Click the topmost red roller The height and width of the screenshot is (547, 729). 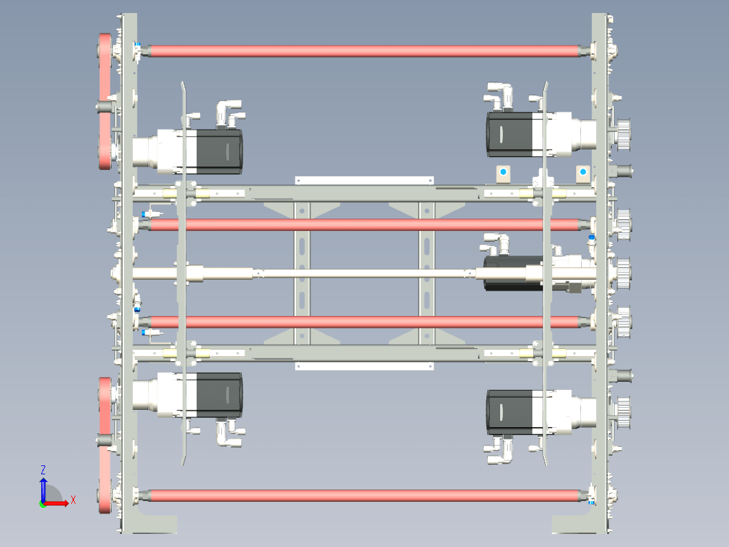tap(364, 51)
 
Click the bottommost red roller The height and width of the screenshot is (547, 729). tap(364, 496)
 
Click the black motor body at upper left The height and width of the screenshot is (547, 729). tap(219, 151)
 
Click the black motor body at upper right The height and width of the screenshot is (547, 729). tap(510, 134)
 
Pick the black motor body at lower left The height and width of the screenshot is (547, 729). tap(219, 395)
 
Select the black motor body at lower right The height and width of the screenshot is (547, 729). tap(510, 413)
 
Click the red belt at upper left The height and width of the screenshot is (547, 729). tap(105, 101)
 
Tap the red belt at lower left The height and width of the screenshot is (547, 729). tap(105, 445)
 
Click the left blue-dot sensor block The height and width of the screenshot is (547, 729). tap(503, 174)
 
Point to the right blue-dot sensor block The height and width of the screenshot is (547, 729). tap(583, 174)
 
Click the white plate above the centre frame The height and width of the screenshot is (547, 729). tap(364, 180)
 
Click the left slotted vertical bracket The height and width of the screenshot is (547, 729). tap(301, 273)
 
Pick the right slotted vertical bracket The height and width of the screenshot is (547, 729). tap(427, 273)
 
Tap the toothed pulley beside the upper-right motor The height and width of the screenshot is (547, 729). tap(623, 134)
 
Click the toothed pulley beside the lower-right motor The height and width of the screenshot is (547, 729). tap(623, 413)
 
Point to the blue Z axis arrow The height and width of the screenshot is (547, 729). tap(43, 490)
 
